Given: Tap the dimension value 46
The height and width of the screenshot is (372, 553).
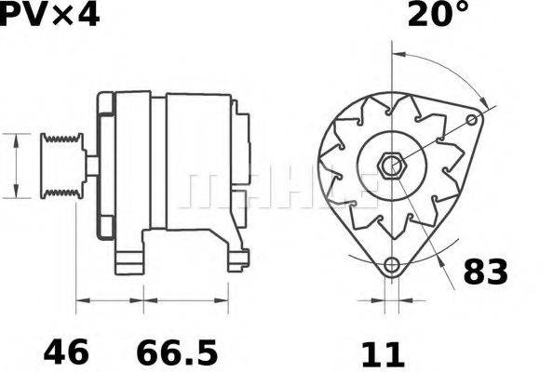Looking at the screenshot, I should pyautogui.click(x=66, y=352).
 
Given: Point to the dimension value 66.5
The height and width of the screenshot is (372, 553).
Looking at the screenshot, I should pyautogui.click(x=177, y=352).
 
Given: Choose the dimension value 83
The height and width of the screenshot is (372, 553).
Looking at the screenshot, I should pyautogui.click(x=485, y=272).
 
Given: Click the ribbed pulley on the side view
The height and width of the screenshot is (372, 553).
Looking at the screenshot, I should pyautogui.click(x=61, y=166).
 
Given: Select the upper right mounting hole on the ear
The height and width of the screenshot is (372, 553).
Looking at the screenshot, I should pyautogui.click(x=474, y=121).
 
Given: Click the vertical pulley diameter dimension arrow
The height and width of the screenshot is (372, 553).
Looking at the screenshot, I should pyautogui.click(x=16, y=166).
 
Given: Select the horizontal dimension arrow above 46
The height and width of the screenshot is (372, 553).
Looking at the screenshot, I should pyautogui.click(x=109, y=300).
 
